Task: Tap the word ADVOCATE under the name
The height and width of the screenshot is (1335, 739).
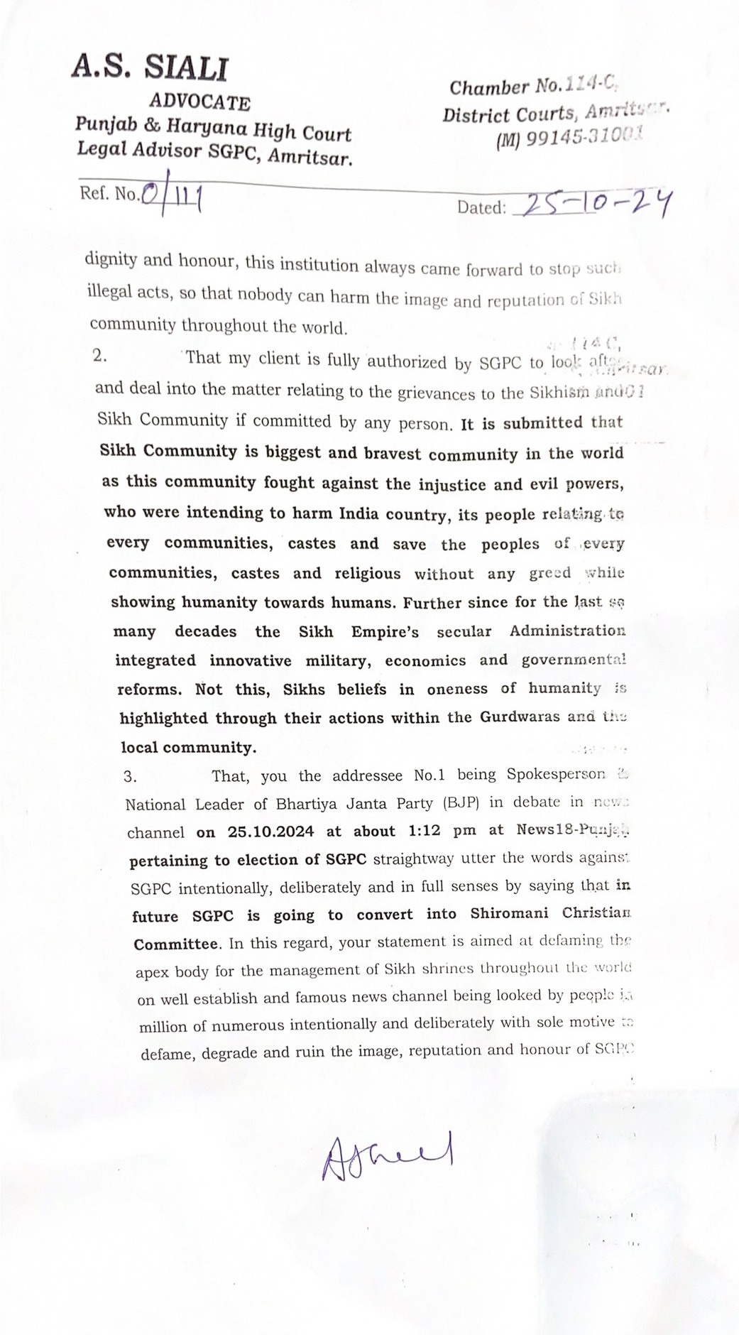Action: (199, 102)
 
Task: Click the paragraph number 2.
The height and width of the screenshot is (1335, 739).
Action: (100, 356)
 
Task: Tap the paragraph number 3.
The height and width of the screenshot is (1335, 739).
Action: (130, 776)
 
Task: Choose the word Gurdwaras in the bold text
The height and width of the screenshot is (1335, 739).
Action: (520, 717)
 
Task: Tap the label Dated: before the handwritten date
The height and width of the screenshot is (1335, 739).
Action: (481, 207)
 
